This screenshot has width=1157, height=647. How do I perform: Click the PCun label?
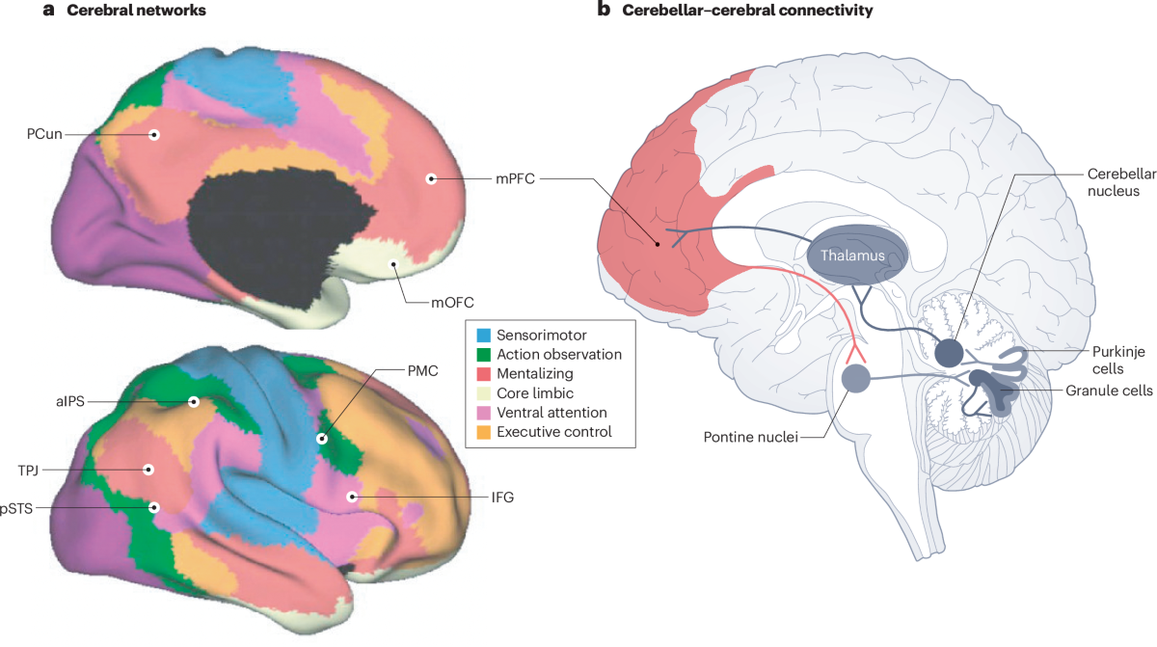click(x=45, y=134)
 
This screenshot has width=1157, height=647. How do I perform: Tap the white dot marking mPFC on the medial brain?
click(x=431, y=178)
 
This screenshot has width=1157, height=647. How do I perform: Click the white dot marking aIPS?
click(x=194, y=402)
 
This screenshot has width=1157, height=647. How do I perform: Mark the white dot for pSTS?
click(x=153, y=506)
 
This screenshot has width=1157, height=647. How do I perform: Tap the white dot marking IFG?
click(x=354, y=497)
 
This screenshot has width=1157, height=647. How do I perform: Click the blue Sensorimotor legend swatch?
click(x=485, y=335)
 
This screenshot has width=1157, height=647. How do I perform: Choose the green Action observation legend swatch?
click(x=485, y=354)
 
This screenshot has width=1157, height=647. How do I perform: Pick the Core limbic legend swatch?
click(x=485, y=393)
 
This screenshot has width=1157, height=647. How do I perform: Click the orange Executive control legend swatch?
click(x=485, y=432)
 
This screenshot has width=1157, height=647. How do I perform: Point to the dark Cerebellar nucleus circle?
click(x=948, y=353)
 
